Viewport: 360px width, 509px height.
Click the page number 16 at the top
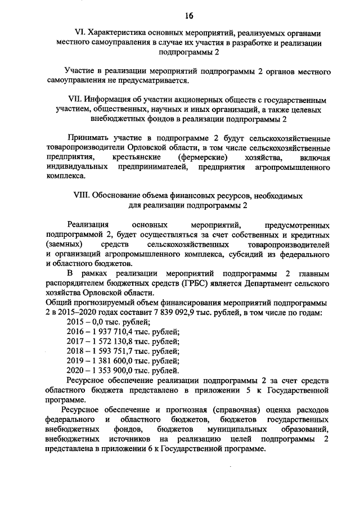[x=180, y=15]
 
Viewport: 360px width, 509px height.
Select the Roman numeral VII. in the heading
[x=74, y=99]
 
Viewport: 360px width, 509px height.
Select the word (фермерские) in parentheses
[x=202, y=157]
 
